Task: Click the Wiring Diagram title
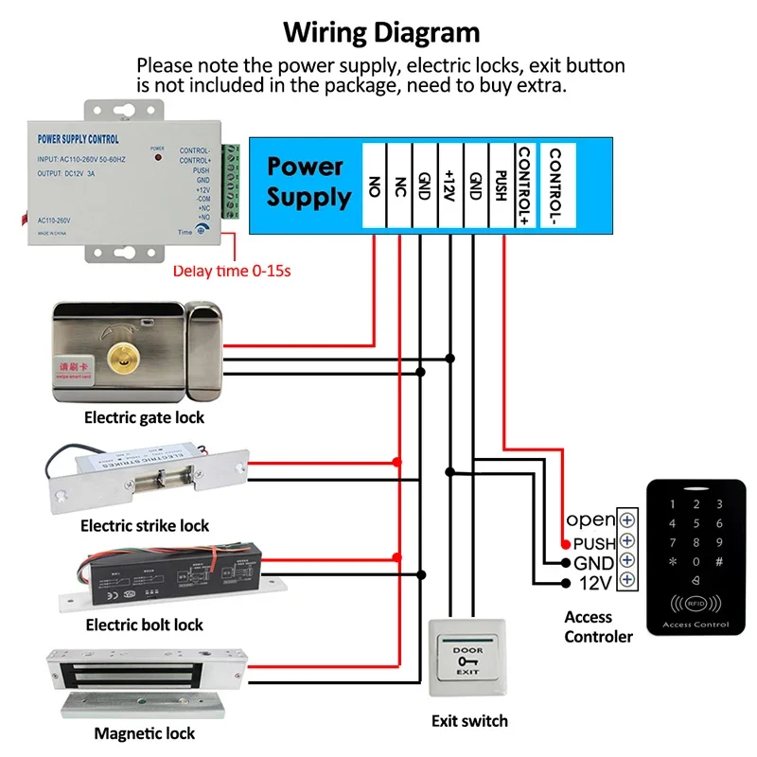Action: point(382,33)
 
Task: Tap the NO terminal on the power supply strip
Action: point(374,186)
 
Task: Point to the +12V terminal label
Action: point(449,186)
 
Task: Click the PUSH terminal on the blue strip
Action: point(502,186)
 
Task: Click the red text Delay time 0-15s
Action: point(232,272)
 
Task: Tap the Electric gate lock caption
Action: point(144,417)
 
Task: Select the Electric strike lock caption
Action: point(145,525)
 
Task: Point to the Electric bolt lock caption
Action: point(144,625)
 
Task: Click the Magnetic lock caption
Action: point(144,733)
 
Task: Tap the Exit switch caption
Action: point(469,721)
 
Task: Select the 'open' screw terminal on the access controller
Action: point(626,520)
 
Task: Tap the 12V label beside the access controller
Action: point(593,583)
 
